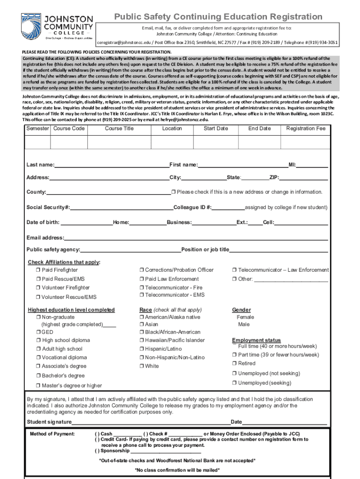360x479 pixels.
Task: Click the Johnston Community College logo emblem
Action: [x=31, y=26]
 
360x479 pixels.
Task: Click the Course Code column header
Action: [x=69, y=128]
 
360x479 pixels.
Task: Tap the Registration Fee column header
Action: [x=305, y=128]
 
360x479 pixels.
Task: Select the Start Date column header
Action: [x=216, y=128]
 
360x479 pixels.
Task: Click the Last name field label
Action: [x=40, y=165]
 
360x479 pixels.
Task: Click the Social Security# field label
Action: [x=48, y=208]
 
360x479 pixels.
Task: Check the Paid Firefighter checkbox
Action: [x=38, y=270]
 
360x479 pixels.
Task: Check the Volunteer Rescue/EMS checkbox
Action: [x=38, y=297]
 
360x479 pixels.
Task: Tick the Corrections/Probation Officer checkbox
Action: [x=142, y=270]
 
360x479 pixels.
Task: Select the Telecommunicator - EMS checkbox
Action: [x=142, y=295]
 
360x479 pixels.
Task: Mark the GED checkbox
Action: [x=38, y=332]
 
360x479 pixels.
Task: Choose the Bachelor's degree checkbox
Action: [x=38, y=376]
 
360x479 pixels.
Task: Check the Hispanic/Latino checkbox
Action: [x=142, y=349]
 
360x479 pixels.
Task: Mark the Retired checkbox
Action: [x=234, y=363]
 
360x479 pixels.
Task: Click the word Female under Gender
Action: [x=245, y=317]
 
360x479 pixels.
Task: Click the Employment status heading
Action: [x=256, y=340]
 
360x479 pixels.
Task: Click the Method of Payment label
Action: [x=52, y=434]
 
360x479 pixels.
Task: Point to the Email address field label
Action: [x=45, y=238]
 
